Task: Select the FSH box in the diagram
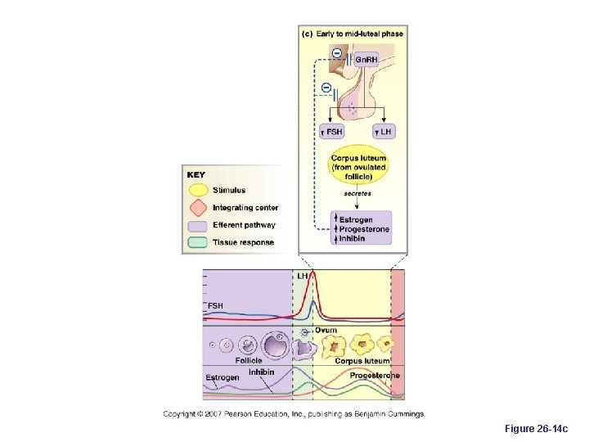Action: [x=331, y=131]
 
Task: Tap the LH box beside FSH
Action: [x=383, y=131]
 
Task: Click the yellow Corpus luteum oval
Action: [x=358, y=167]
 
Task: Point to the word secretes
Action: [x=357, y=194]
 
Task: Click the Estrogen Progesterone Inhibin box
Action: [x=360, y=228]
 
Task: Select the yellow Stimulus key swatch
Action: [x=198, y=191]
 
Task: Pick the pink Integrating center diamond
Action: [x=198, y=208]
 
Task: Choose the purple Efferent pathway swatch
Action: [x=198, y=225]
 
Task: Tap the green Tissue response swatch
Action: [x=198, y=242]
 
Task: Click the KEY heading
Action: [x=196, y=174]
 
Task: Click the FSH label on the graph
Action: [x=214, y=305]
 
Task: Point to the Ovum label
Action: [x=326, y=330]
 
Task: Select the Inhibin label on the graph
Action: [x=261, y=372]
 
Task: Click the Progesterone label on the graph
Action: [x=375, y=375]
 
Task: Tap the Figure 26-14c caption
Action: [x=536, y=428]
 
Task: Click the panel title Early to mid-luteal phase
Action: [x=353, y=34]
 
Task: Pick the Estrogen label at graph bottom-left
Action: [x=223, y=377]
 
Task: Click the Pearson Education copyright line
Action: [x=294, y=413]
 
